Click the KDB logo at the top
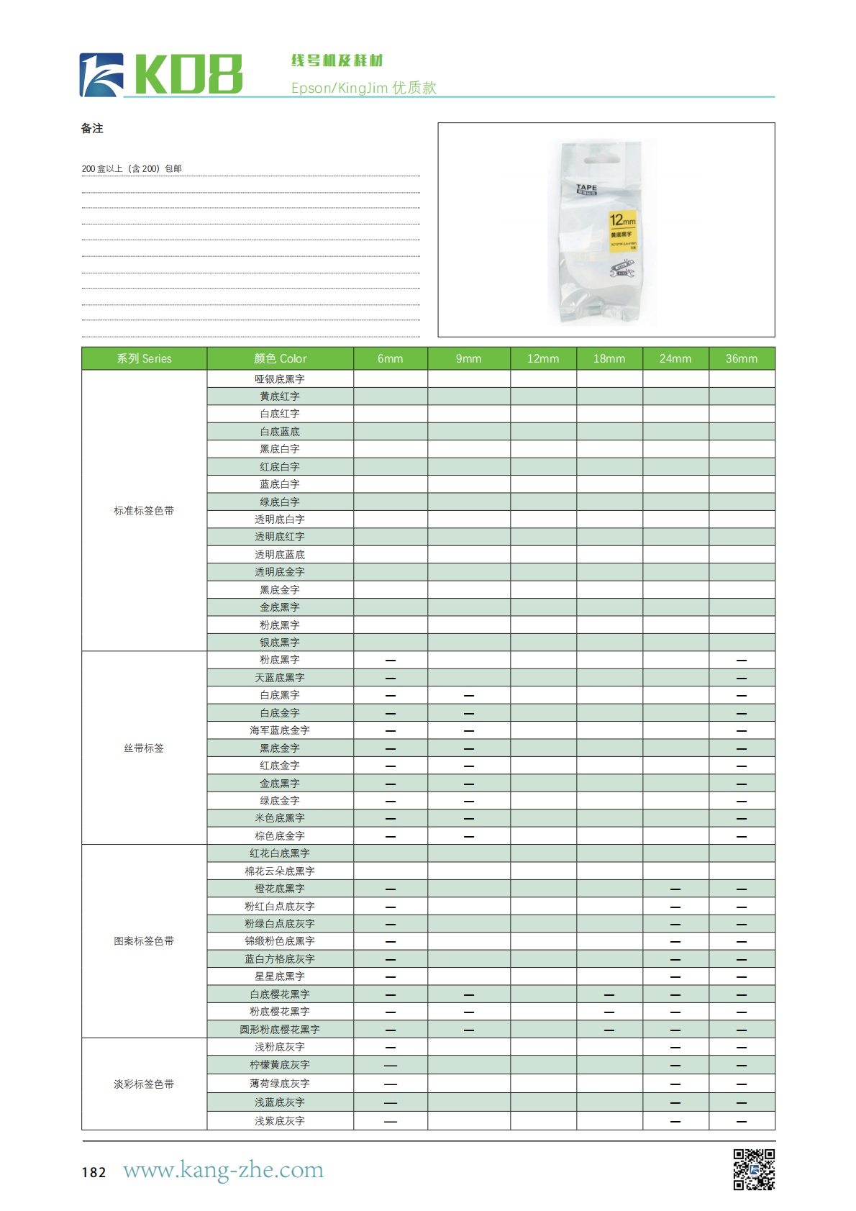tap(161, 74)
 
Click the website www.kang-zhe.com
tap(223, 1170)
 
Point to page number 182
tap(94, 1172)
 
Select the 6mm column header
tap(390, 358)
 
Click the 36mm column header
tap(741, 358)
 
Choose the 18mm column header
tap(609, 358)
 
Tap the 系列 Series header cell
tap(144, 358)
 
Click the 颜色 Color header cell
tap(280, 358)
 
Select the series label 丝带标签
tap(144, 748)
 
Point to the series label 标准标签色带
tap(144, 511)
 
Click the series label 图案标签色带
tap(144, 941)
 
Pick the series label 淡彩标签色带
tap(144, 1084)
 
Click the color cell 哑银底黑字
tap(280, 379)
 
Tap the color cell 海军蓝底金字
tap(280, 730)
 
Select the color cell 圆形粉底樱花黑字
tap(280, 1030)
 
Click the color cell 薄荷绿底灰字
tap(280, 1084)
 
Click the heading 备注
tap(92, 129)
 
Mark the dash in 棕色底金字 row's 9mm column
tap(469, 836)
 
